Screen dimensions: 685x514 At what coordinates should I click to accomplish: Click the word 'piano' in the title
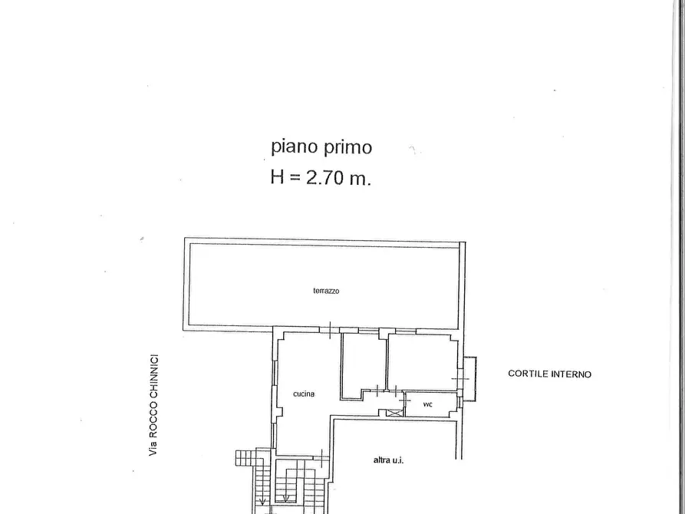click(294, 147)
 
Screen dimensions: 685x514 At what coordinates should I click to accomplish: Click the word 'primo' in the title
click(347, 147)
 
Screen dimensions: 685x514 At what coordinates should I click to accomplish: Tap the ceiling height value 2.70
click(325, 177)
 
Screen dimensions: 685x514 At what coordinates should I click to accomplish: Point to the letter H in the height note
click(278, 177)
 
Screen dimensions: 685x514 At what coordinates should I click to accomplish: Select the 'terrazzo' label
click(326, 291)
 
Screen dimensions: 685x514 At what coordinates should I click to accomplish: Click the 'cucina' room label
click(304, 394)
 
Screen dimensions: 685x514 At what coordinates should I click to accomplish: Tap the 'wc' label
click(428, 404)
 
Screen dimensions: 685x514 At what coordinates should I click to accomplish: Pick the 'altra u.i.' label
click(388, 460)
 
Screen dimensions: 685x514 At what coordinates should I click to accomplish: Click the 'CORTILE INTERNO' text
click(549, 374)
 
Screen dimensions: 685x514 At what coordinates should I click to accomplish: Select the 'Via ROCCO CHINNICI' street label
click(153, 405)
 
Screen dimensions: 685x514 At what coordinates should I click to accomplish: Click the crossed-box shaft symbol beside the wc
click(394, 412)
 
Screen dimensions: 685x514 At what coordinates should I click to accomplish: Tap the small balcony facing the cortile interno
click(470, 378)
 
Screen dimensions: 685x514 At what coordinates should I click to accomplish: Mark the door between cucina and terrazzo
click(330, 330)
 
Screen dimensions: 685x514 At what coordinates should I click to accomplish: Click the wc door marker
click(405, 400)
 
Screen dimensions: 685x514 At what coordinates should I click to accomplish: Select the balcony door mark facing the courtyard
click(460, 378)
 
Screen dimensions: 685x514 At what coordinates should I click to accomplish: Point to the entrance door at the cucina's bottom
click(322, 458)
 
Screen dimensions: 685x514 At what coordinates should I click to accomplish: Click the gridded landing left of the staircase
click(245, 458)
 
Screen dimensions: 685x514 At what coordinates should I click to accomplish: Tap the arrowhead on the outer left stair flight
click(262, 502)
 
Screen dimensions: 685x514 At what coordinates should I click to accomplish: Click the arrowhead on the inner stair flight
click(286, 498)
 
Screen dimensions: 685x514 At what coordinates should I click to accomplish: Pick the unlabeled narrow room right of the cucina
click(364, 365)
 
